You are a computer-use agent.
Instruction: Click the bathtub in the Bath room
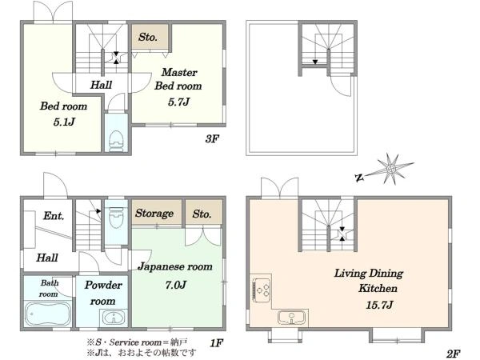pos(48,314)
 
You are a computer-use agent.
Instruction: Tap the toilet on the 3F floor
pos(116,141)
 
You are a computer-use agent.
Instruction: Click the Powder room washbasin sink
pos(114,318)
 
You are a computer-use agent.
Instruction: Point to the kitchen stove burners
pos(261,289)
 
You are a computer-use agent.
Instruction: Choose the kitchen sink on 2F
pos(292,317)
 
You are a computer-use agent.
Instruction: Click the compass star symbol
pos(392,169)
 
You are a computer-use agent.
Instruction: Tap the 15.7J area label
pos(379,305)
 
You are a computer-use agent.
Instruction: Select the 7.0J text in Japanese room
pos(176,285)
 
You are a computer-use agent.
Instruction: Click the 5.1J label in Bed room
pos(64,122)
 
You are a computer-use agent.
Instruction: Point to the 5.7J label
pos(178,102)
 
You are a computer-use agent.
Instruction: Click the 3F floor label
pos(212,139)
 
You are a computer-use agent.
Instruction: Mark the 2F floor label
pos(453,354)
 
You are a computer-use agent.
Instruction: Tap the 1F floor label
pos(217,343)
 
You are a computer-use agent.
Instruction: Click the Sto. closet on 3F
pos(150,37)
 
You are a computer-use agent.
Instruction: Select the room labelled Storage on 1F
pos(157,213)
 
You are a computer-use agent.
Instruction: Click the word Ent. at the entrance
pos(54,216)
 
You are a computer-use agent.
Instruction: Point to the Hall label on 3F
pos(101,85)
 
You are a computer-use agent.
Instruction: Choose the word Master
pos(179,72)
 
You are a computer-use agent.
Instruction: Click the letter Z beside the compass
pos(359,178)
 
